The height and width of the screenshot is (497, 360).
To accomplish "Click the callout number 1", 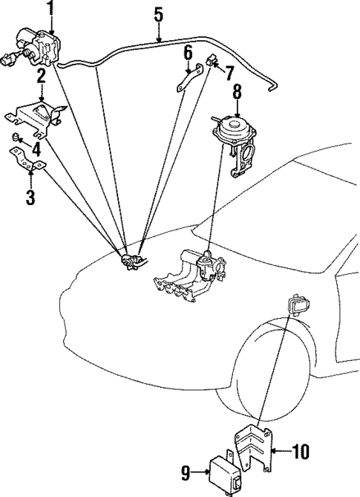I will pos(51,8).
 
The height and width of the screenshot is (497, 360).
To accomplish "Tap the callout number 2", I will pos(42,76).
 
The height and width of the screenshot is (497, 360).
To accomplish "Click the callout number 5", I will pos(157,14).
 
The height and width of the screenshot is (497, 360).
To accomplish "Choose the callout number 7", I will pos(229,73).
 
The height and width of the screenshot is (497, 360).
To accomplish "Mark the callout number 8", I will pos(237,92).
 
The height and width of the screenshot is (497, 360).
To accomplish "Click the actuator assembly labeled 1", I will pos(37,46).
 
